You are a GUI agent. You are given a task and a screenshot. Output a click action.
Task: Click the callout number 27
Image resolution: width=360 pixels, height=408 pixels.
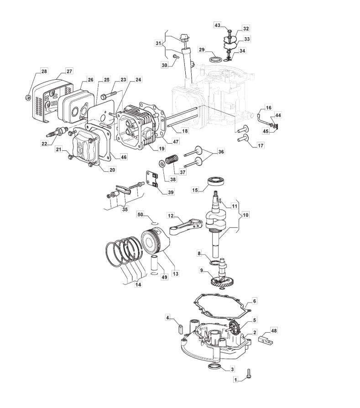point(69,71)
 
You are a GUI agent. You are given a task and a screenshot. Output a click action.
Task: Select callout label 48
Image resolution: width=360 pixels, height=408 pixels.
point(274,330)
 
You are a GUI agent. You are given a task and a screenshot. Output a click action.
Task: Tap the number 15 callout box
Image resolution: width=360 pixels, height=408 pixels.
point(194,190)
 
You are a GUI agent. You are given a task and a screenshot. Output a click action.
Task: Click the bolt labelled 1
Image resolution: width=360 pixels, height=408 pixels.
point(250,372)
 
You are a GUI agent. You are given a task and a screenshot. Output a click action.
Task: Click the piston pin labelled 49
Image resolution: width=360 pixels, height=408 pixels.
point(155,264)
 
